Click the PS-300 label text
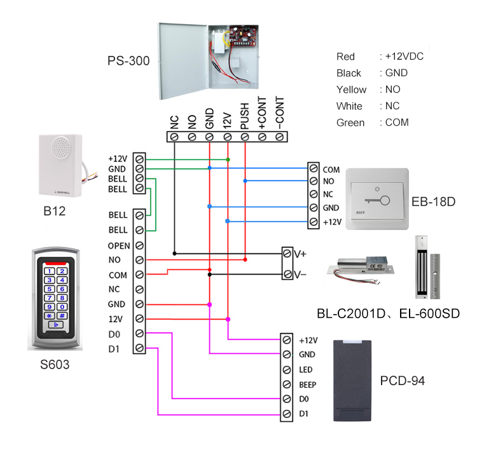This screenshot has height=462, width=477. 128,62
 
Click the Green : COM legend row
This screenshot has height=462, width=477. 372,123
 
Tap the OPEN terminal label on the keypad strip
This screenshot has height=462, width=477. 119,245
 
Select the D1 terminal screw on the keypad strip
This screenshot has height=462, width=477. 139,348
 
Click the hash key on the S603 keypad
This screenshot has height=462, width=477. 62,315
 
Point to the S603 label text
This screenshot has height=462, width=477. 55,365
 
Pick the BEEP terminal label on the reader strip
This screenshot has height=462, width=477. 307,384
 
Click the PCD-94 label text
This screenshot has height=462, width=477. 402,381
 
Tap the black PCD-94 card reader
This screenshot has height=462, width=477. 351,381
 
